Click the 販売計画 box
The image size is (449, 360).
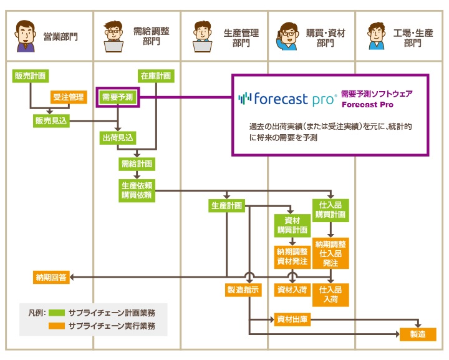[30, 76]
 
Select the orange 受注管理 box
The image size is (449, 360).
[68, 97]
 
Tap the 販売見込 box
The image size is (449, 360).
[51, 120]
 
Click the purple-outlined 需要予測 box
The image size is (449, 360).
[117, 97]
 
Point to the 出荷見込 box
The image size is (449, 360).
[118, 138]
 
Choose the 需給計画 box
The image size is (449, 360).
[137, 164]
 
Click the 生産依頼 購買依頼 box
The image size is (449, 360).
[137, 190]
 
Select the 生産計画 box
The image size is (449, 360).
[226, 206]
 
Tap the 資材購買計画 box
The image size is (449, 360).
[292, 225]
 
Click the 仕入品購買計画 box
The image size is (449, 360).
[331, 210]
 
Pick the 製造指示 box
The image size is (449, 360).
[243, 290]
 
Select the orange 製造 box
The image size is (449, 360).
[418, 334]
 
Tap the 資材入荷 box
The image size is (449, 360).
[292, 290]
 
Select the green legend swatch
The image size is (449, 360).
[57, 312]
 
